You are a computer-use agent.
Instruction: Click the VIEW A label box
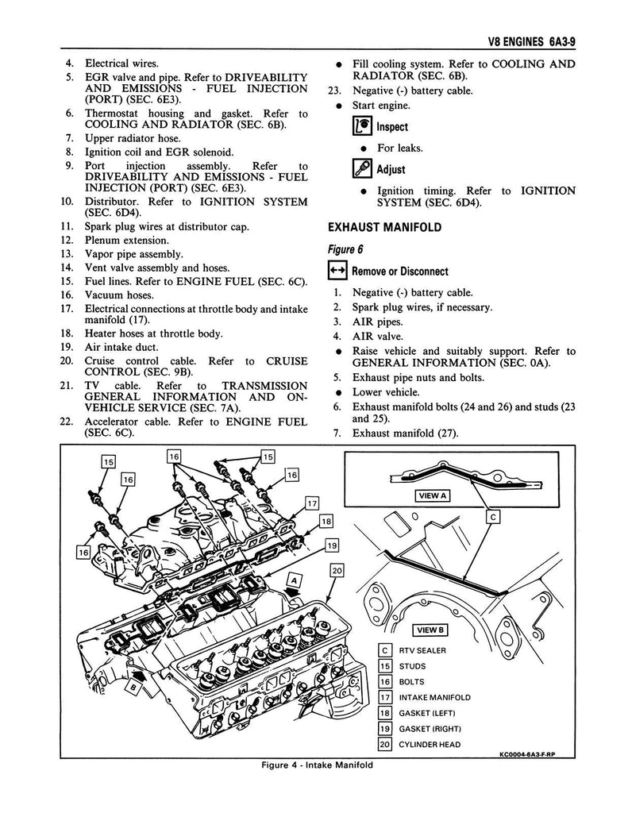point(432,496)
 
